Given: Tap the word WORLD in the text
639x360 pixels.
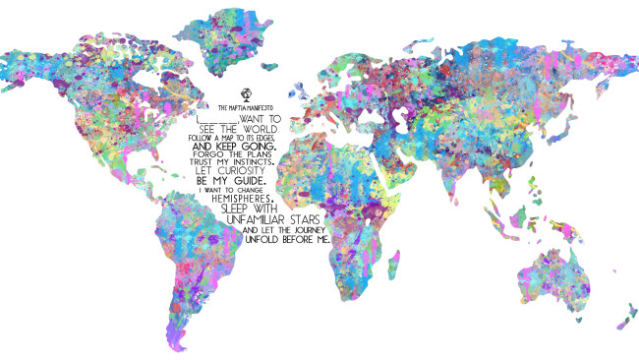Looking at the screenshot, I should click(x=266, y=129).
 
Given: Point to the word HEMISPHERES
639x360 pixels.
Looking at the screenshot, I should click(x=241, y=197).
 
